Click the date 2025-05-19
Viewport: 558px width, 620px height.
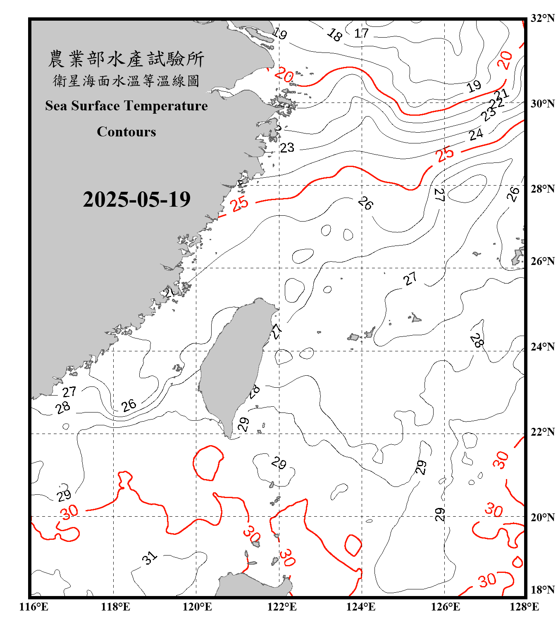pyautogui.click(x=136, y=199)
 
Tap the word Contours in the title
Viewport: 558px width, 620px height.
pyautogui.click(x=126, y=132)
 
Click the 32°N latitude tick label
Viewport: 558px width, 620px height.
pyautogui.click(x=542, y=18)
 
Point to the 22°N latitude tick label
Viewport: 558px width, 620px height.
pyautogui.click(x=542, y=432)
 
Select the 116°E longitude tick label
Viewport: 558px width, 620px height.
pyautogui.click(x=34, y=607)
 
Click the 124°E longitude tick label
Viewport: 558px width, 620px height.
pyautogui.click(x=361, y=607)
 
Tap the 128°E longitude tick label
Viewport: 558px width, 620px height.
pyautogui.click(x=524, y=607)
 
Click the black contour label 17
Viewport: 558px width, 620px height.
pyautogui.click(x=361, y=33)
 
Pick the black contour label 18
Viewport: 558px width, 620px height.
pyautogui.click(x=334, y=35)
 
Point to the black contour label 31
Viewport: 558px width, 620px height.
pyautogui.click(x=150, y=558)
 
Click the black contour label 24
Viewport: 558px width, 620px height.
pyautogui.click(x=476, y=134)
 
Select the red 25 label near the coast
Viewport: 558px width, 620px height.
pyautogui.click(x=240, y=203)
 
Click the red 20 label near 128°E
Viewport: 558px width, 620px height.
pyautogui.click(x=505, y=60)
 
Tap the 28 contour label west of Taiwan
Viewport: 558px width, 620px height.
pyautogui.click(x=63, y=408)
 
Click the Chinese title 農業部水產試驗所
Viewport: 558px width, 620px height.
pyautogui.click(x=126, y=59)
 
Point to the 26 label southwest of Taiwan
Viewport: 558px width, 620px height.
pyautogui.click(x=129, y=405)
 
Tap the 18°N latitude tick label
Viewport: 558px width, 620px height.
pyautogui.click(x=542, y=590)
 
